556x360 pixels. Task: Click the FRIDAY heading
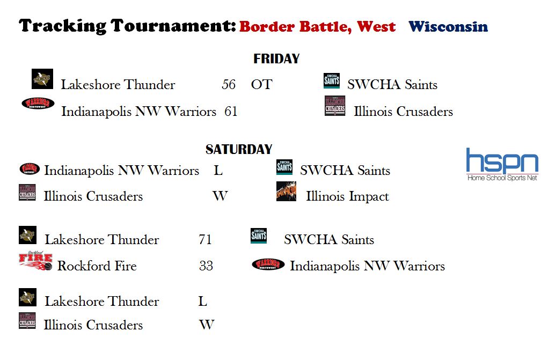(x=276, y=58)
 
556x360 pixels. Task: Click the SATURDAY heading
(x=239, y=149)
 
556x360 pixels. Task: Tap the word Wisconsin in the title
(x=448, y=27)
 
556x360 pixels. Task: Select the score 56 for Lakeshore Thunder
(x=229, y=84)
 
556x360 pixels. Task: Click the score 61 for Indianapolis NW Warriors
(x=231, y=111)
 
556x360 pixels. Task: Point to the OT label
(x=262, y=84)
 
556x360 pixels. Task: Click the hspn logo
(x=502, y=164)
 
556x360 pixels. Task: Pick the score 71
(x=206, y=239)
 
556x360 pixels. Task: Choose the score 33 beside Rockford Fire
(x=206, y=266)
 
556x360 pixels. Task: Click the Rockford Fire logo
(x=35, y=261)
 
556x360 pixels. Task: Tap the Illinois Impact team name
(x=348, y=196)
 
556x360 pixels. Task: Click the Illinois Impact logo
(x=286, y=192)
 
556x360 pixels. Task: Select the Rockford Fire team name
(x=97, y=266)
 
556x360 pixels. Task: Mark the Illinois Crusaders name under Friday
(x=403, y=111)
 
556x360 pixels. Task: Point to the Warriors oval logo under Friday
(x=38, y=103)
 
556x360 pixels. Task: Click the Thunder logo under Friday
(x=42, y=79)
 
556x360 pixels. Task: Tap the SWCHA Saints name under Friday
(x=392, y=84)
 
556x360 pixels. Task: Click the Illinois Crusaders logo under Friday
(x=335, y=106)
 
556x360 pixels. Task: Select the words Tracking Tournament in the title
(x=127, y=26)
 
